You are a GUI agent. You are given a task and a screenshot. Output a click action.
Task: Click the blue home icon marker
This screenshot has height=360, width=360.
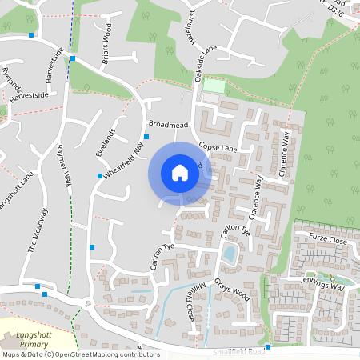click(x=180, y=172)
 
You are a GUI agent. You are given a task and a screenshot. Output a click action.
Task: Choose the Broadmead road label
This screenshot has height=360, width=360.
click(x=167, y=124)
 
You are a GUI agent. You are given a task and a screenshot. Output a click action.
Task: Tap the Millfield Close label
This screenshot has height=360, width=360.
click(x=195, y=299)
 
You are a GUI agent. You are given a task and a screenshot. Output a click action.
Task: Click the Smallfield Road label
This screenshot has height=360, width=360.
click(x=239, y=351)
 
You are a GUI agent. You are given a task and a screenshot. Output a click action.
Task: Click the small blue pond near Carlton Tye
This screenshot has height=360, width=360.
click(x=230, y=254)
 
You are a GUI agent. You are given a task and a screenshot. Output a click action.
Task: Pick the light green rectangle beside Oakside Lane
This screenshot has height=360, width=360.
click(x=214, y=85)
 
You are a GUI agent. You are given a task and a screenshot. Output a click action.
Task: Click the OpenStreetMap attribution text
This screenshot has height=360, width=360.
click(x=80, y=354)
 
